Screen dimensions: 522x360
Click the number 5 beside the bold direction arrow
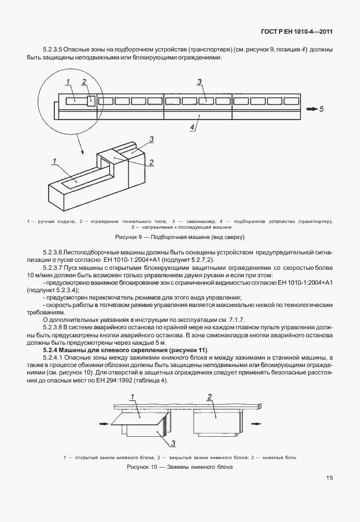click(321, 108)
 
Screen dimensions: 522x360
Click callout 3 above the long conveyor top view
click(199, 82)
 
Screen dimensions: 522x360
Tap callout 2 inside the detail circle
click(84, 81)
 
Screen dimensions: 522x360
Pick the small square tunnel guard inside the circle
click(91, 101)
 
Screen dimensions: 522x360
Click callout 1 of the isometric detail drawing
click(55, 161)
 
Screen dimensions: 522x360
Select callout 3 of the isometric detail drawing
click(151, 139)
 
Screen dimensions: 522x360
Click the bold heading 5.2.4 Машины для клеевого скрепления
click(125, 349)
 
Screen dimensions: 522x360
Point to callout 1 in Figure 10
click(131, 397)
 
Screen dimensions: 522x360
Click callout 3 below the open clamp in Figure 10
click(173, 443)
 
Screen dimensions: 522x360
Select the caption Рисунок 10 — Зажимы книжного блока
click(179, 467)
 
